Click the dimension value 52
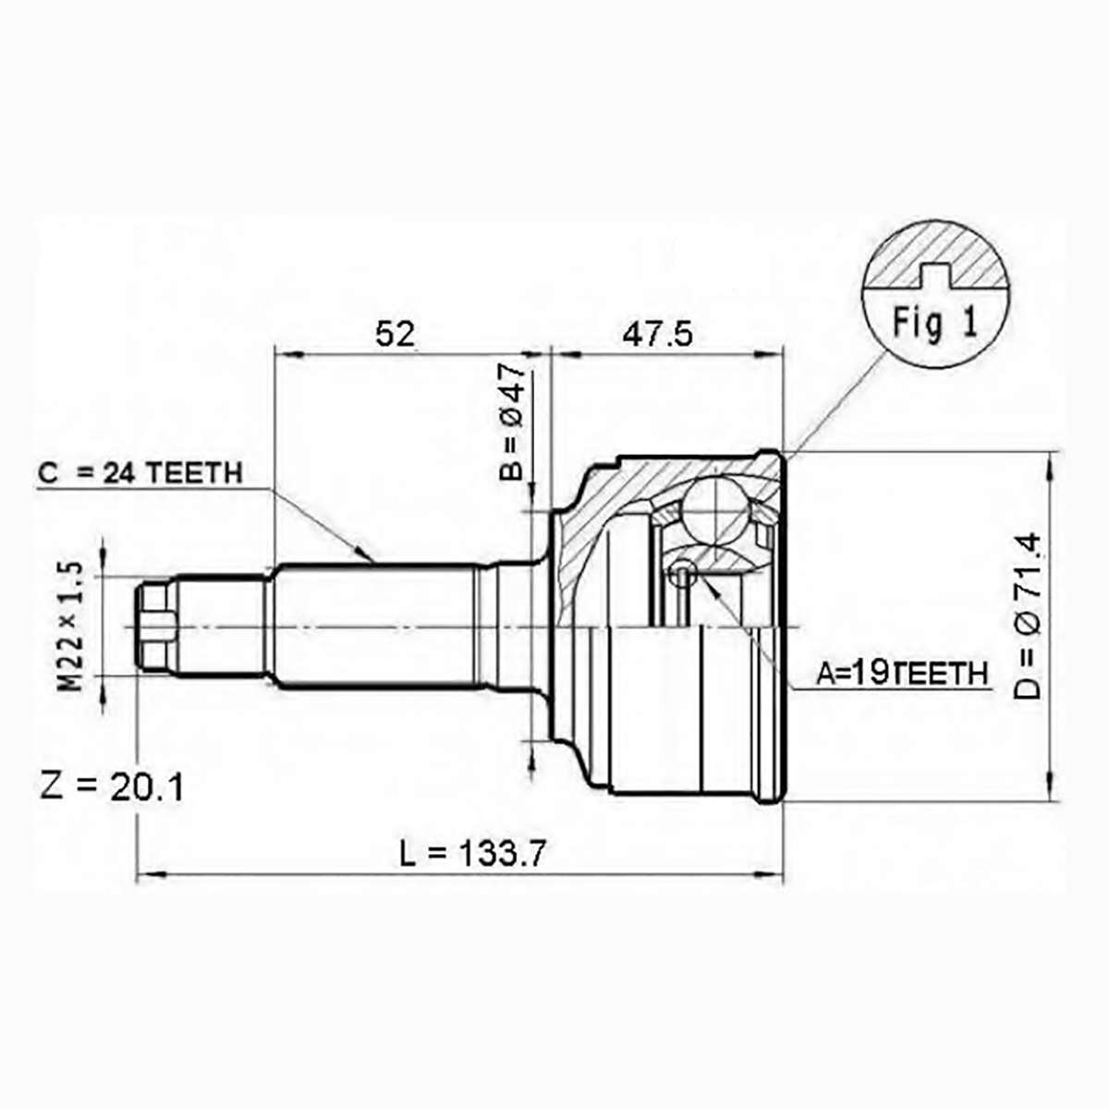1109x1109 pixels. (396, 334)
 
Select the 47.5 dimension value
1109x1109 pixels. (657, 334)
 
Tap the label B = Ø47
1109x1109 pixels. (512, 421)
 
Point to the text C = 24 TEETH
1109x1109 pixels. (140, 473)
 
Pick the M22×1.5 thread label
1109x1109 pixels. (71, 627)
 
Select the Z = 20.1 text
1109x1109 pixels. (112, 788)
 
